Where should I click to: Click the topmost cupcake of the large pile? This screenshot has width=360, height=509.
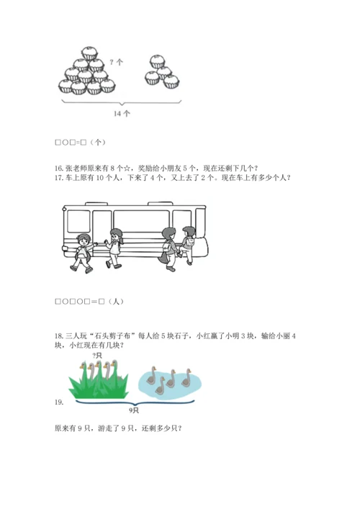(89, 53)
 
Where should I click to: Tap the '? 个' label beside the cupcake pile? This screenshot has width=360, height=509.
(116, 62)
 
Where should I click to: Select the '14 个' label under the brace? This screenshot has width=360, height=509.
(122, 113)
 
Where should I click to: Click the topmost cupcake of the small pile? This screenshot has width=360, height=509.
(157, 61)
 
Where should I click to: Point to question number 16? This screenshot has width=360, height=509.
(59, 168)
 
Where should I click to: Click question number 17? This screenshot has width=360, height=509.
(59, 178)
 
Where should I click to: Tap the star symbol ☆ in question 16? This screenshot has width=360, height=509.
(127, 168)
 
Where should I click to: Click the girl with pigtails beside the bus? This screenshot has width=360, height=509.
(114, 248)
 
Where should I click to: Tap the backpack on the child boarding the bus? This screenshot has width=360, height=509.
(189, 241)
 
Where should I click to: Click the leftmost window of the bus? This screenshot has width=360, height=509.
(78, 221)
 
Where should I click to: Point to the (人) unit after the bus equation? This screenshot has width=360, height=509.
(116, 302)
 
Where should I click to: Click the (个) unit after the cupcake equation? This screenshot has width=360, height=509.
(98, 142)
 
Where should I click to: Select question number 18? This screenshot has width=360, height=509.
(59, 336)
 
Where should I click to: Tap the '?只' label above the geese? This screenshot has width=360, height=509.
(97, 356)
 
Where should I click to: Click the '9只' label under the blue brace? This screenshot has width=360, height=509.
(134, 410)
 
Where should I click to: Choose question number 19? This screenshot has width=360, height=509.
(59, 402)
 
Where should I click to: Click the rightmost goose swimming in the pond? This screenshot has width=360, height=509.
(186, 378)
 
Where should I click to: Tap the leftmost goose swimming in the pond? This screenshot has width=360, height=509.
(152, 376)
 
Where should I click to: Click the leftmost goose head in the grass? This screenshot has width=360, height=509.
(83, 367)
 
